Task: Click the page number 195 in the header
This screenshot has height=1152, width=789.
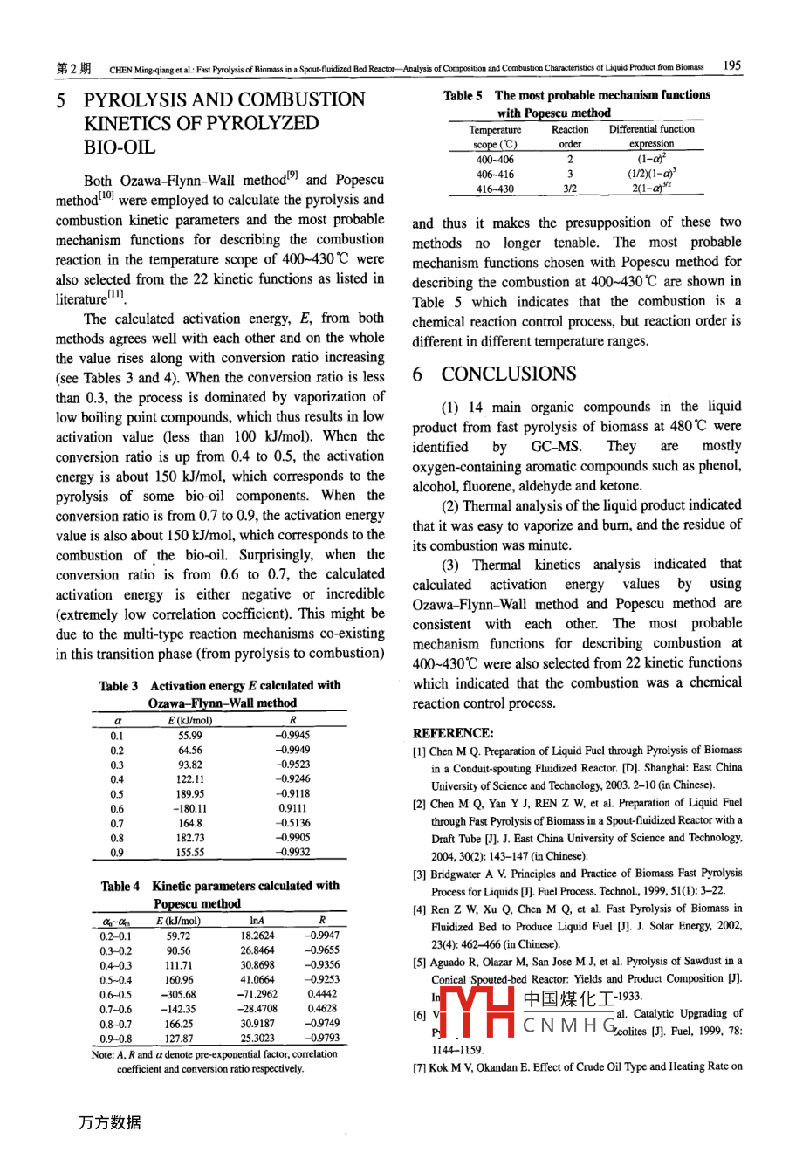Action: [732, 65]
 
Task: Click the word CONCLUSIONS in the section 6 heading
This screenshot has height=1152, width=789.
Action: [508, 374]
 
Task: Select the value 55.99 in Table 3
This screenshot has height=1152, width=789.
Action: [189, 736]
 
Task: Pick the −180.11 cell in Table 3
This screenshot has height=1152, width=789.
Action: [189, 808]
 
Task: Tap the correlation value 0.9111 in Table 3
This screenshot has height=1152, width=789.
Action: [292, 808]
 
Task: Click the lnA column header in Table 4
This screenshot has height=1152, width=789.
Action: [257, 921]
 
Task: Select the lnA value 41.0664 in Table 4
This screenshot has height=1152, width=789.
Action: [257, 979]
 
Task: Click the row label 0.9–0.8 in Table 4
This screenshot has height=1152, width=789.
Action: [116, 1039]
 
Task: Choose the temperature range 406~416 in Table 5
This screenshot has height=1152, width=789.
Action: [495, 174]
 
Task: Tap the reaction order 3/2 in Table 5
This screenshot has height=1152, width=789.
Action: [570, 189]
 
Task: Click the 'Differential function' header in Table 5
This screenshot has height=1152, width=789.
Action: [652, 129]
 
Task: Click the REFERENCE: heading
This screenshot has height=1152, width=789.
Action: [452, 733]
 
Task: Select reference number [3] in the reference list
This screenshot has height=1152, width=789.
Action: [420, 874]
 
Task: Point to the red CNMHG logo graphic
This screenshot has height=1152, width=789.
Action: [476, 1012]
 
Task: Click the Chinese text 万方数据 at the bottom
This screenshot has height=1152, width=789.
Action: [109, 1123]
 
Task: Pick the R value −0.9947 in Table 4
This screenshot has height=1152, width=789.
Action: [321, 935]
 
